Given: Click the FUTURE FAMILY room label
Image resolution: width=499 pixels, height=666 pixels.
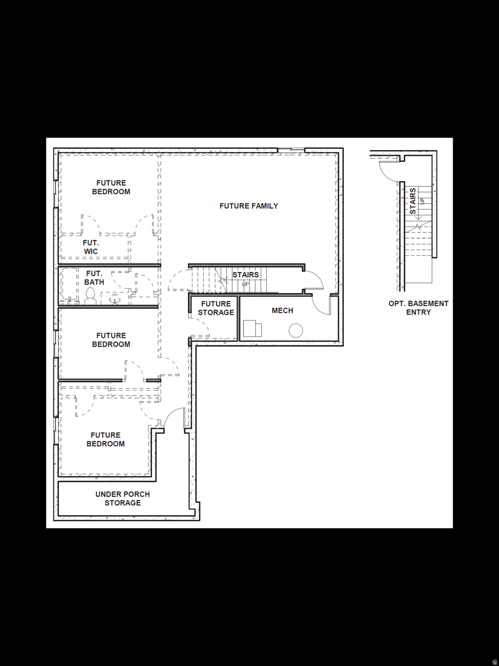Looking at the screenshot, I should tap(249, 206).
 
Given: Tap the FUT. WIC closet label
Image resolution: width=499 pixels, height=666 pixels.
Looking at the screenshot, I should tap(91, 247).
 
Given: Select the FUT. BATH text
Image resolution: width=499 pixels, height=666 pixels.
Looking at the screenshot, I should tap(94, 278).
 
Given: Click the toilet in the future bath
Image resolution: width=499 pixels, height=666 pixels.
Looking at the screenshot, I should tap(90, 297).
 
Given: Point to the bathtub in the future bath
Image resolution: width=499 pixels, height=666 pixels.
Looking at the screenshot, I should tap(70, 284).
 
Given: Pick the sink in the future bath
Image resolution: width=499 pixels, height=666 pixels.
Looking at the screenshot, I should tap(115, 299).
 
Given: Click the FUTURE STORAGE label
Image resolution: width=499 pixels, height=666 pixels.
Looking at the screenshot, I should tap(216, 308).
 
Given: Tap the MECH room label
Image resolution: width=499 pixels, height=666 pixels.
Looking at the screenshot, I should tap(282, 310).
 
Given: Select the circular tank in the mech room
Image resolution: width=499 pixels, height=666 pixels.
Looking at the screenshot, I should tap(296, 330).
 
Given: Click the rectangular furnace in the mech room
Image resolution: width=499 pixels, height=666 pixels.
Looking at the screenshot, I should tap(252, 329).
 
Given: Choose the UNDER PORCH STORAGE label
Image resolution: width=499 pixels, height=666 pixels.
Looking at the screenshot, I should tap(123, 499).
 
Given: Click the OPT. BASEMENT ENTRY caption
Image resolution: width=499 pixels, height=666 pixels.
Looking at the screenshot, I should tap(418, 308).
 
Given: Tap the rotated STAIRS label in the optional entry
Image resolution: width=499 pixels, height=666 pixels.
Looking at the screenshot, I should tap(413, 201).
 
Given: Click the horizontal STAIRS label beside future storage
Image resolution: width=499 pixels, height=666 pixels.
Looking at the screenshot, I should tap(245, 275).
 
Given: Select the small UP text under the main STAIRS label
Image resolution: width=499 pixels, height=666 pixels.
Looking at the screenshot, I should tap(245, 284).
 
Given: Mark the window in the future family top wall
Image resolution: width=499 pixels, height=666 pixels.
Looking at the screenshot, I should tap(291, 150).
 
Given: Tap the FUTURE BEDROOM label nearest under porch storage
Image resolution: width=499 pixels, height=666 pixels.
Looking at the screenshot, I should tap(106, 439).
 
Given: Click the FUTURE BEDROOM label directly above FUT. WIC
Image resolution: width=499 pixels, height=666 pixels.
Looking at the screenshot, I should tap(111, 187).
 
